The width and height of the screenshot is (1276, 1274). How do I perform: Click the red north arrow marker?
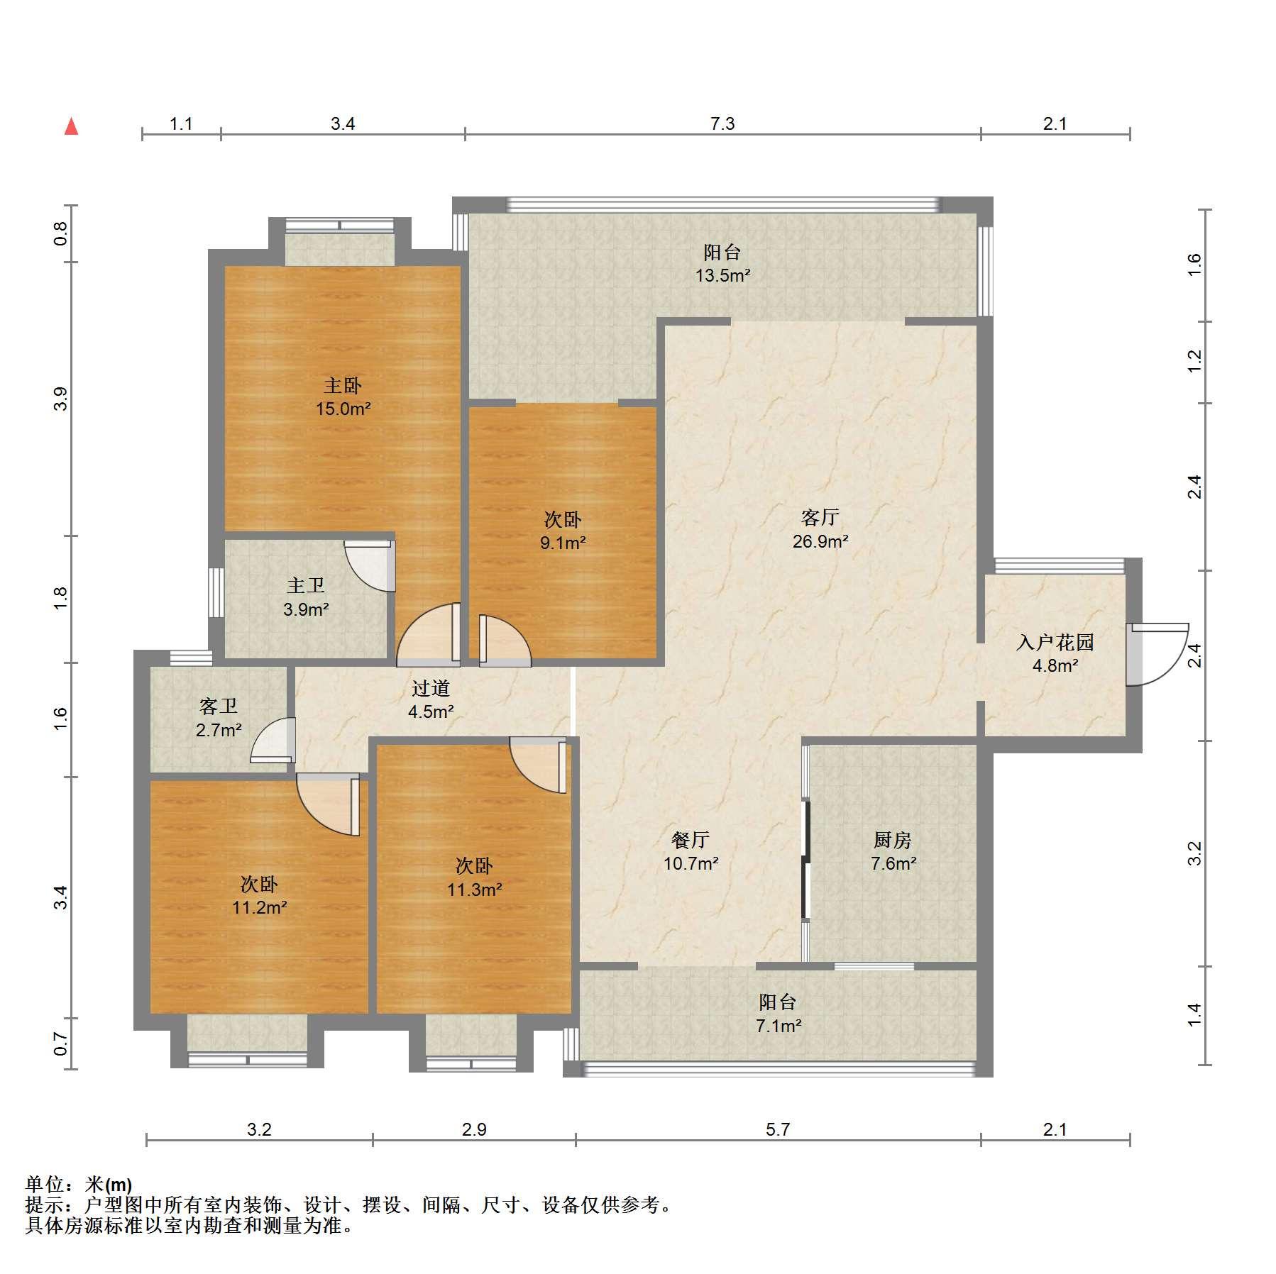pyautogui.click(x=71, y=126)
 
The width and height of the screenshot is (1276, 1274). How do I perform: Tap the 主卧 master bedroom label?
pyautogui.click(x=343, y=385)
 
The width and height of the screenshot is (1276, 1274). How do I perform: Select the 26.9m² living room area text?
pyautogui.click(x=820, y=541)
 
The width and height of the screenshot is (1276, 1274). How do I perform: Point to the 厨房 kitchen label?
pyautogui.click(x=892, y=840)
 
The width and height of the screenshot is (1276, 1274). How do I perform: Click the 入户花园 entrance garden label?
pyautogui.click(x=1055, y=642)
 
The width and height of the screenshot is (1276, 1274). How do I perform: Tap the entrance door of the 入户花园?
pyautogui.click(x=1157, y=654)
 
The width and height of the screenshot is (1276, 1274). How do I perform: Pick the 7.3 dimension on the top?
pyautogui.click(x=722, y=124)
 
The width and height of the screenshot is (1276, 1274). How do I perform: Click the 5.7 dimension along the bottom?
pyautogui.click(x=778, y=1129)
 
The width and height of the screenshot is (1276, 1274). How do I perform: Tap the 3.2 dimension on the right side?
pyautogui.click(x=1195, y=853)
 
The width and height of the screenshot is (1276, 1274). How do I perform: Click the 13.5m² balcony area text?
pyautogui.click(x=722, y=275)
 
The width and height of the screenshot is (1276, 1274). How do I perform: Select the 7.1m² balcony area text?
pyautogui.click(x=778, y=1025)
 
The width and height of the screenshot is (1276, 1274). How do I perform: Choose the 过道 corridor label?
pyautogui.click(x=431, y=688)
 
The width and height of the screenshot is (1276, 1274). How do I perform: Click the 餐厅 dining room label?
pyautogui.click(x=691, y=840)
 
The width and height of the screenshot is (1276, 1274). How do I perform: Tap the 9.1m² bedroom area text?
pyautogui.click(x=563, y=543)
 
